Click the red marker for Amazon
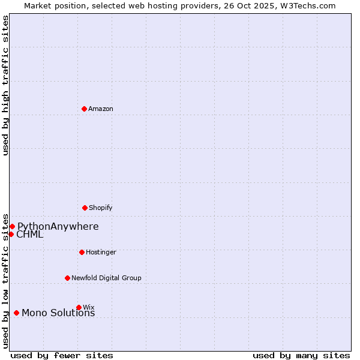[x=84, y=109]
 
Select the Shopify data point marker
[x=85, y=208]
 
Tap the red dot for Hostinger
[x=82, y=252]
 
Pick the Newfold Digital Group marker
[x=67, y=278]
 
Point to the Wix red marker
[x=79, y=307]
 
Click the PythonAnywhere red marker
[x=12, y=226]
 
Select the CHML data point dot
[x=11, y=234]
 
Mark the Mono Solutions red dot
[x=16, y=313]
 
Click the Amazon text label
[x=101, y=109]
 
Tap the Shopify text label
[x=101, y=208]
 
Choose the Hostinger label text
[x=101, y=252]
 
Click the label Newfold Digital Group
[x=106, y=278]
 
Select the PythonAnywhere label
[x=58, y=226]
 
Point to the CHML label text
[x=30, y=235]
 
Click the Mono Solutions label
[x=58, y=313]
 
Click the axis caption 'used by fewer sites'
[x=62, y=355]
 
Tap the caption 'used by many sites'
[x=301, y=355]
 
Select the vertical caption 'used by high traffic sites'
[x=5, y=85]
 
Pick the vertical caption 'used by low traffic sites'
[x=5, y=280]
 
